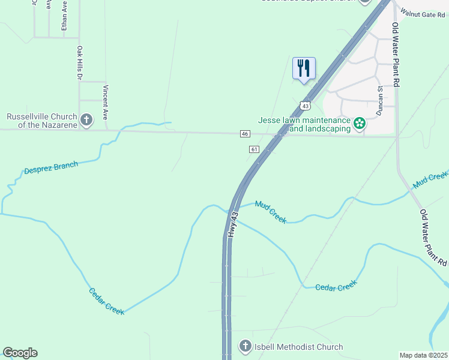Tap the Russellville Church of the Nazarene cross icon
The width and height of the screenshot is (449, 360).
click(86, 119)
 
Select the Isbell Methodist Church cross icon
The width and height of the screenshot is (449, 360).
click(245, 346)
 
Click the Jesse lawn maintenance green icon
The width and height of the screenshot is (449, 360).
click(360, 124)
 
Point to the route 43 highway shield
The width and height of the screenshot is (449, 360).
click(306, 106)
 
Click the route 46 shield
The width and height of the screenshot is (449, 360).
click(245, 133)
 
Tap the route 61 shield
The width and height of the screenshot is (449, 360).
click(255, 149)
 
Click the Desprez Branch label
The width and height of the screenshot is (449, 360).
click(51, 167)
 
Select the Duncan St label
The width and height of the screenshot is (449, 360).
click(379, 100)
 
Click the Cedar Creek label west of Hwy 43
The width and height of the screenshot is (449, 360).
click(106, 301)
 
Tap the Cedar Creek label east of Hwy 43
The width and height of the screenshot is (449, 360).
click(336, 287)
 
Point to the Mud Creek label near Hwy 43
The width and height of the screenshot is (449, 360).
click(271, 212)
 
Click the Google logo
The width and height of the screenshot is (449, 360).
click(20, 353)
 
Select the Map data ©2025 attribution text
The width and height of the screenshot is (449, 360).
click(423, 355)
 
